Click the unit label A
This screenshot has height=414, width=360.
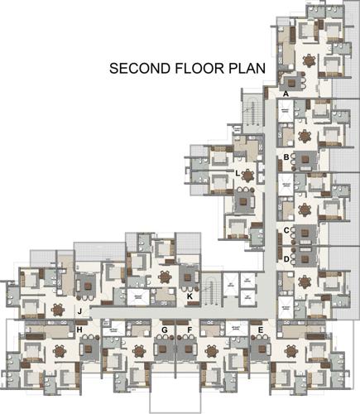tap(286, 95)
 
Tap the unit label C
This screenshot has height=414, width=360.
tap(286, 231)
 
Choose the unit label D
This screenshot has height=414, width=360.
tap(286, 259)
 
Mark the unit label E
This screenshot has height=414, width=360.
tap(262, 330)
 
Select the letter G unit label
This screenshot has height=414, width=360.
tap(166, 330)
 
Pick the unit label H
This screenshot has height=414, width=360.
tap(79, 330)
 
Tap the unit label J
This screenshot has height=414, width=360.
tap(79, 311)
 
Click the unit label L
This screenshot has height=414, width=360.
tap(238, 173)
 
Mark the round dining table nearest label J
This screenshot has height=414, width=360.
tap(58, 310)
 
